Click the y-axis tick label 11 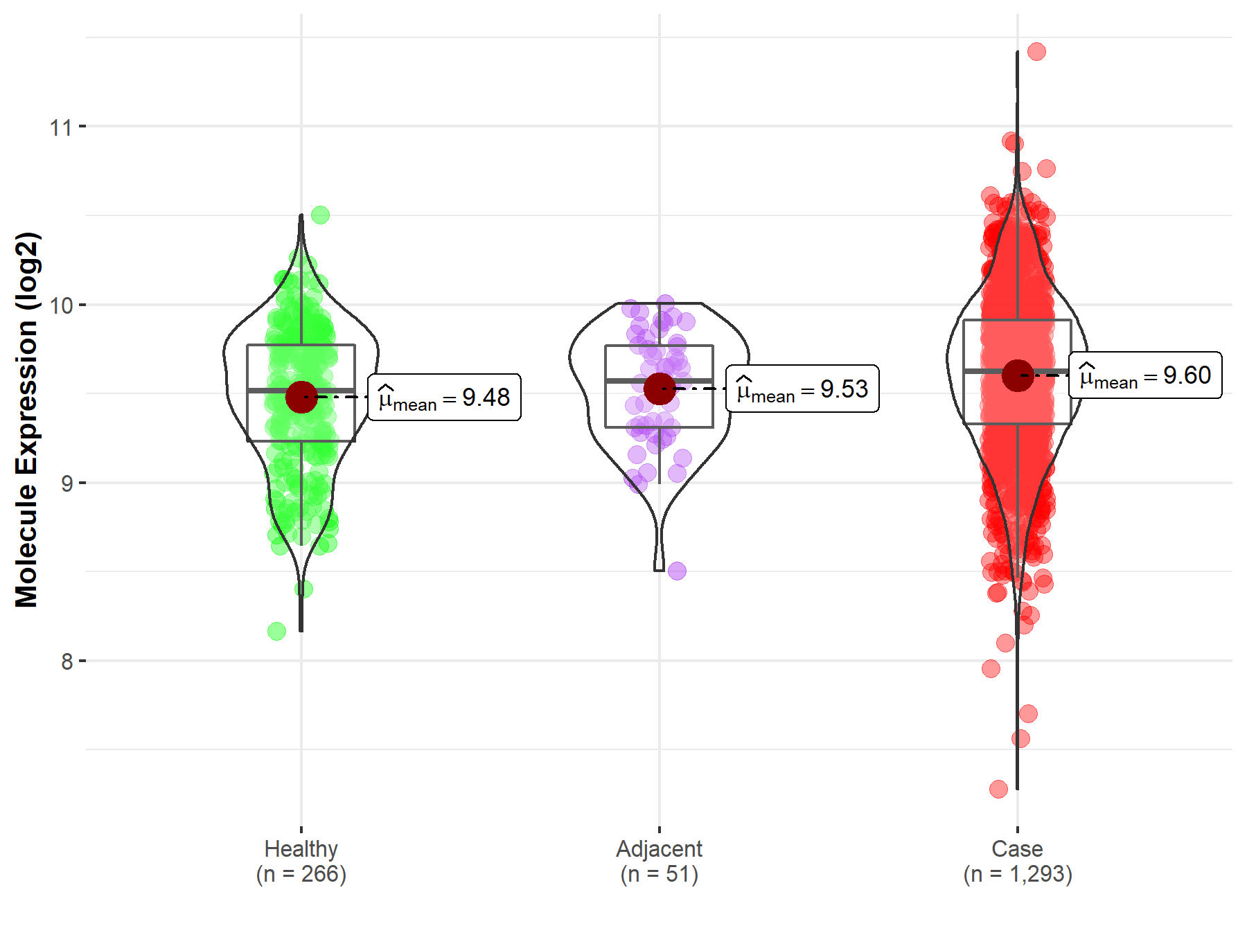[60, 127]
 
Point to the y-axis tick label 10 [60, 305]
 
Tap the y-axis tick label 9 [67, 483]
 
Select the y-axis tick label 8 [67, 661]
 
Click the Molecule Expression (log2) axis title [26, 420]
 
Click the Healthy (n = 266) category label [301, 861]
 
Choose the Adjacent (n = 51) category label [660, 861]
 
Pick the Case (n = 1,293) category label [1018, 861]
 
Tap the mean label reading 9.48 [444, 398]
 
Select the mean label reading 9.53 [802, 389]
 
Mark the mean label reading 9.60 [1145, 375]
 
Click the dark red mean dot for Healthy [301, 397]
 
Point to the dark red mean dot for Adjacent [660, 388]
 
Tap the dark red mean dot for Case [1018, 375]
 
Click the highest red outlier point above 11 [1036, 52]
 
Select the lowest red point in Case [998, 789]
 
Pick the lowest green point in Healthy [276, 631]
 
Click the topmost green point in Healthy [320, 215]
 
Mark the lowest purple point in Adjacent [677, 571]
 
